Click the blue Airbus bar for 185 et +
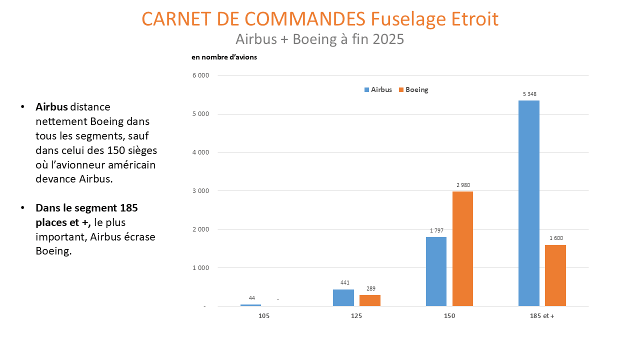tap(528, 203)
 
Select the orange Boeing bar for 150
tap(462, 248)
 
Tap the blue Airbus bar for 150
tap(436, 271)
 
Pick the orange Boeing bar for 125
tap(369, 300)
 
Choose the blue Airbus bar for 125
tap(343, 298)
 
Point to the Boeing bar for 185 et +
tap(555, 275)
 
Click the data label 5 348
tap(529, 94)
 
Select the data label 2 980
tap(463, 185)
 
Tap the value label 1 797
tap(436, 230)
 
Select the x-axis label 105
tap(264, 316)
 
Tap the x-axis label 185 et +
tap(542, 316)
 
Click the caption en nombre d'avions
tap(224, 57)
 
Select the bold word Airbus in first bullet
tap(51, 107)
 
